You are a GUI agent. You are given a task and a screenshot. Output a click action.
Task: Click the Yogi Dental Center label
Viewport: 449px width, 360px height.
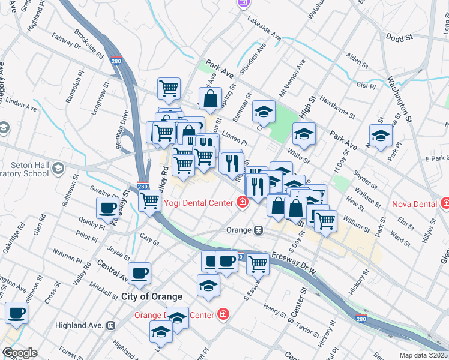click(196, 202)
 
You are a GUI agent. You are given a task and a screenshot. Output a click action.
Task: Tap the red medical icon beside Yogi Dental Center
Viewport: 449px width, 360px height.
click(242, 202)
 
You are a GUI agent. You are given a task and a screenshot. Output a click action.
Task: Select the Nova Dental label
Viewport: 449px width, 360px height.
click(414, 204)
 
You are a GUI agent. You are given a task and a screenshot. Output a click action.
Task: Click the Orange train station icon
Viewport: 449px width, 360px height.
click(258, 230)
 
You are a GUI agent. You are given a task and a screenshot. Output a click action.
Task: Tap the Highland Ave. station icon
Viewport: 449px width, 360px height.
click(110, 325)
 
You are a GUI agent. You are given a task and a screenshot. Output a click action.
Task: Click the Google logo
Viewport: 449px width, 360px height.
click(19, 353)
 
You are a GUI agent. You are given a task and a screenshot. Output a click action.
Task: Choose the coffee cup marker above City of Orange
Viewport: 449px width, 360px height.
click(140, 273)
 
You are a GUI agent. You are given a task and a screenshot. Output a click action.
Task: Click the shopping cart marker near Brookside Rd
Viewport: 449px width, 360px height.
click(169, 88)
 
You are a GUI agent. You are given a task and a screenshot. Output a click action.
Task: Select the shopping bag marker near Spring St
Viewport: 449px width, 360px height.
click(211, 100)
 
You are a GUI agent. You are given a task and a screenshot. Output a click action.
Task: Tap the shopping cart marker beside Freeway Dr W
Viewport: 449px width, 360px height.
click(258, 262)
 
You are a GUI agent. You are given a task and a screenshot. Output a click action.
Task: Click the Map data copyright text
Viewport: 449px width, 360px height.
click(423, 355)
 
